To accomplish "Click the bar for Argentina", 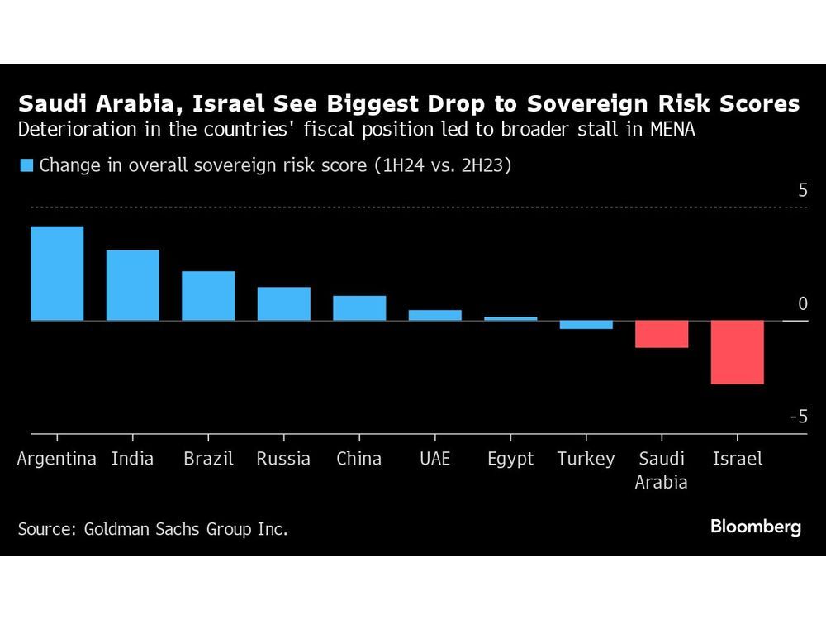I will tap(57, 273).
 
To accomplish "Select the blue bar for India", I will tap(132, 285).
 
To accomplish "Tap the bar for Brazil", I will tap(208, 295).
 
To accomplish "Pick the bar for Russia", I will tap(283, 303).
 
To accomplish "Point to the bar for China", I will tap(359, 308).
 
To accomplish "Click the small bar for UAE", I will tap(435, 315).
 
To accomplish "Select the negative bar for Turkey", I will tap(586, 325).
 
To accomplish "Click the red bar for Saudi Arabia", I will tap(662, 334).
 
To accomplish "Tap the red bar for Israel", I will tap(738, 352).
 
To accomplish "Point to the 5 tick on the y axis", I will tap(802, 191).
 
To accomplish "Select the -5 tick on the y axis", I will tap(798, 417).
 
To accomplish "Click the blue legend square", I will tap(26, 165).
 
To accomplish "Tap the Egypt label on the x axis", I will tap(510, 459).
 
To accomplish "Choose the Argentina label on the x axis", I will tap(57, 459).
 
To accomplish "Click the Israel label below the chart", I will tap(737, 459).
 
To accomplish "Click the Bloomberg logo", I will tap(755, 527).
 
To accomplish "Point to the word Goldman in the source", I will tap(121, 529).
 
